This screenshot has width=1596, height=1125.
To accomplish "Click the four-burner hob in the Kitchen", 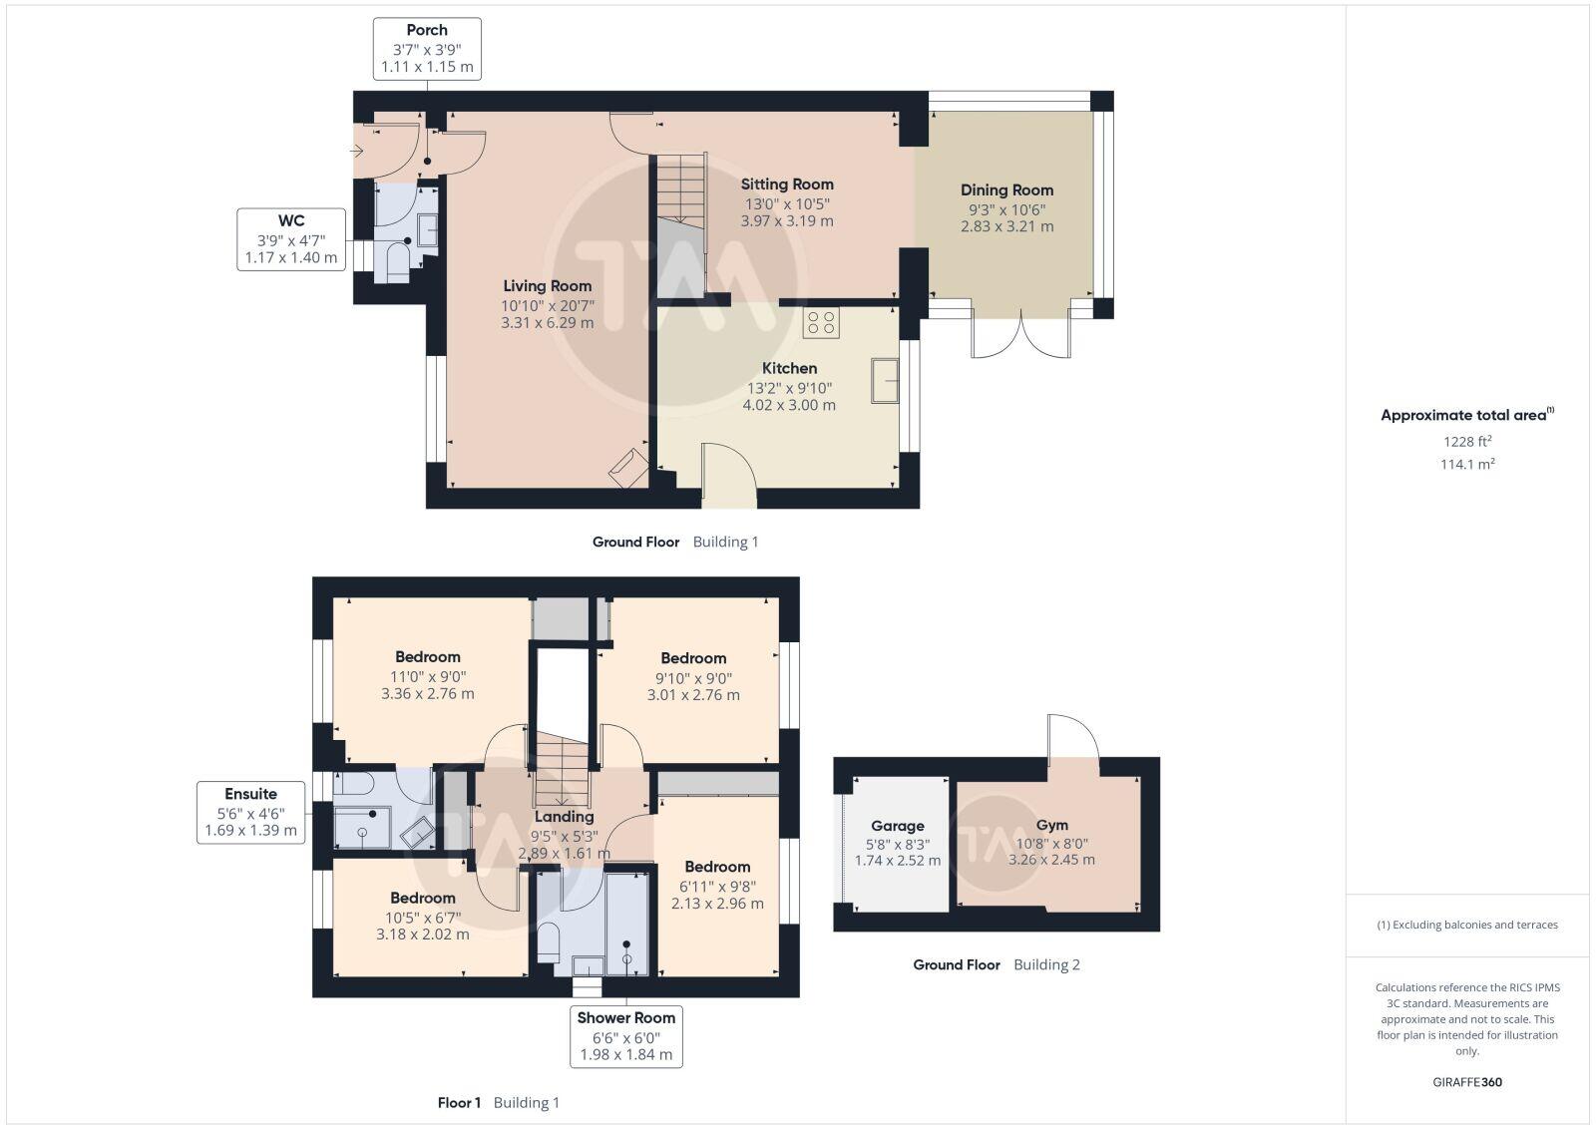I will point(821,322).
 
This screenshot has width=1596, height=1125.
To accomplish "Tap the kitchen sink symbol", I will point(885,380).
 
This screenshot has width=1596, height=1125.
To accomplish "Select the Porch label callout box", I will point(427,48).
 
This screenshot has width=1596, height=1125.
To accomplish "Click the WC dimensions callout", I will point(291,239).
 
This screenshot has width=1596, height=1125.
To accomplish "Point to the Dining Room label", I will point(1006,189).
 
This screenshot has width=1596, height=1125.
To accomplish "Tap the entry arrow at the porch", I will point(357,151).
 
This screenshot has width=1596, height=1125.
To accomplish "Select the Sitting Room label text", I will point(787,184).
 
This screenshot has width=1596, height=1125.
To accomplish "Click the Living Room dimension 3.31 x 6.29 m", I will point(547,322).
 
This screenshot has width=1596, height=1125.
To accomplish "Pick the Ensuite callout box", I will point(250,812).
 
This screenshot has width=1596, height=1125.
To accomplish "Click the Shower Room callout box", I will point(626,1036).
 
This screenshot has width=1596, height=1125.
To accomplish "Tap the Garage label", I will point(898,826).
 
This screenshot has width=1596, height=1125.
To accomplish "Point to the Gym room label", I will point(1051,825).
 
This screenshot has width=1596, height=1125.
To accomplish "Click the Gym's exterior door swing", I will point(1072,738).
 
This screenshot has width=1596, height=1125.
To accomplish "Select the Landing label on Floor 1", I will point(564,816).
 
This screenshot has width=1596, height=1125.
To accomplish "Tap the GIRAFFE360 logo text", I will point(1467,1082).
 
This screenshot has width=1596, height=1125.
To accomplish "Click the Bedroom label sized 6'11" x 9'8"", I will point(717,867).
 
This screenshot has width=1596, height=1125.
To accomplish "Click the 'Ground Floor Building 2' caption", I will point(997,964).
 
